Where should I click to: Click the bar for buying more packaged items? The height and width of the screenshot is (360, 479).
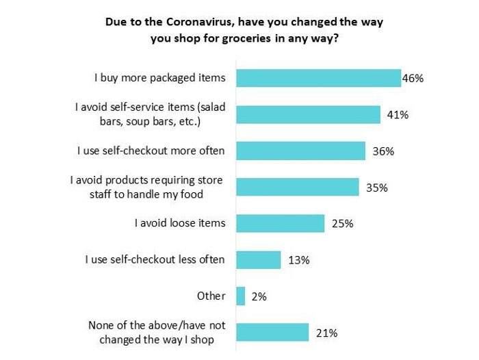coord(318,78)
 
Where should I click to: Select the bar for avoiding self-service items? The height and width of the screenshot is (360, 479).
coord(308,114)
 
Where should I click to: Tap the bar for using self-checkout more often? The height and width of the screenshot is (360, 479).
coord(300,151)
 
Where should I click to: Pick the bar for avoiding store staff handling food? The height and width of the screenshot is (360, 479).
coord(297,187)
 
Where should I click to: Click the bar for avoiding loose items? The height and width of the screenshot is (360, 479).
coord(280,223)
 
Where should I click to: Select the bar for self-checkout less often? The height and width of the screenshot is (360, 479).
coord(258,259)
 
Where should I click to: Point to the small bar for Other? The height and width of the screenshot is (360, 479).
coord(240,296)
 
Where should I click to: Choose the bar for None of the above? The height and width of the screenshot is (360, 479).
coord(272,333)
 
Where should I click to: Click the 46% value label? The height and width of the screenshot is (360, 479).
coord(413,78)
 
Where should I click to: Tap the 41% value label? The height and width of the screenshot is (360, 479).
coord(397,115)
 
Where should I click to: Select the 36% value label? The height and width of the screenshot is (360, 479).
coord(383,151)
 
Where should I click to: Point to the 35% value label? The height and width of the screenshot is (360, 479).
coord(377,187)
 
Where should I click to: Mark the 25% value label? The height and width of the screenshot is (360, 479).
coord(342,223)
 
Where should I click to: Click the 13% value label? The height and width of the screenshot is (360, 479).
coord(299,259)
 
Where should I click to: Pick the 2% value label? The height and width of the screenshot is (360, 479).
coord(259,296)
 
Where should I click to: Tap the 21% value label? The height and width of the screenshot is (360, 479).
coord(326,333)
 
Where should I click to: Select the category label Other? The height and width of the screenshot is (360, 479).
coord(211,296)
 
